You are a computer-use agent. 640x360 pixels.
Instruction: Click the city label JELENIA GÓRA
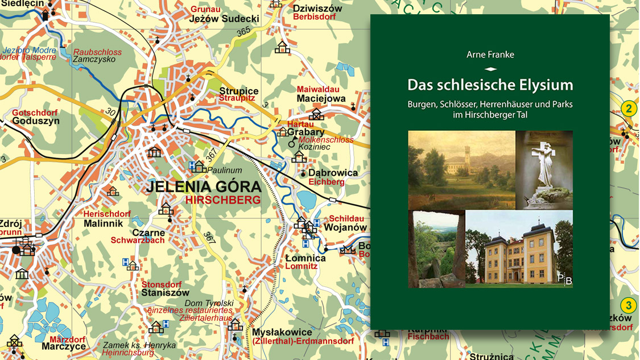(x=203, y=187)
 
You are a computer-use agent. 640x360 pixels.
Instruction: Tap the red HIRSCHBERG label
(x=222, y=200)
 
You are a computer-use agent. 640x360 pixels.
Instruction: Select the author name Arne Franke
(x=490, y=55)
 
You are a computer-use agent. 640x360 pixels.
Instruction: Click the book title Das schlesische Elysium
(x=490, y=85)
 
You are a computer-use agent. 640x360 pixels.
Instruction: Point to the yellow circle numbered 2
(x=628, y=109)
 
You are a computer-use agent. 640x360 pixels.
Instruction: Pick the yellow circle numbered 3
(x=627, y=305)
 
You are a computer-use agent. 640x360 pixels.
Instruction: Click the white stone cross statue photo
(x=544, y=169)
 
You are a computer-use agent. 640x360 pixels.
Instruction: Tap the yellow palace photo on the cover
(x=518, y=249)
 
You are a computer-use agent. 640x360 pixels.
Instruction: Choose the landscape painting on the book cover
(x=461, y=169)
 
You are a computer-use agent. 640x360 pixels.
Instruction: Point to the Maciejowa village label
(x=321, y=98)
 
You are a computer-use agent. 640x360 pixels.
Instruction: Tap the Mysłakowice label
(x=283, y=332)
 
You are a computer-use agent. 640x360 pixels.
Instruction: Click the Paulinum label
(x=225, y=170)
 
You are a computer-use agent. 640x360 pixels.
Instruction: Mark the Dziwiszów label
(x=317, y=8)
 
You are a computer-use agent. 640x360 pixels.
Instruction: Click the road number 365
(x=243, y=33)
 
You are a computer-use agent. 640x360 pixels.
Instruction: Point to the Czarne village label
(x=148, y=232)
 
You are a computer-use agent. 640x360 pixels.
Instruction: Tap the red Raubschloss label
(x=97, y=52)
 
